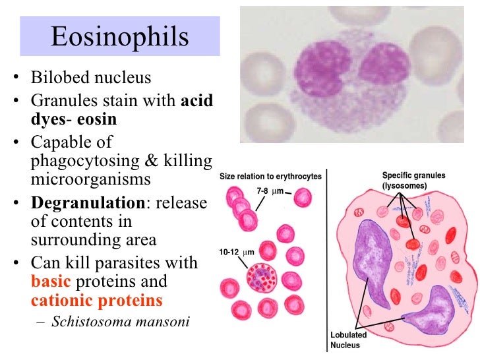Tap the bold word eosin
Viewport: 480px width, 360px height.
coord(97,119)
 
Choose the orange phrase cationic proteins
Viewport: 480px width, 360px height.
coord(96,301)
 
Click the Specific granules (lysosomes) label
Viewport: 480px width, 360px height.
coord(414,181)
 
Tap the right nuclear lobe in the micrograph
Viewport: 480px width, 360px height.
coord(383,67)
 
